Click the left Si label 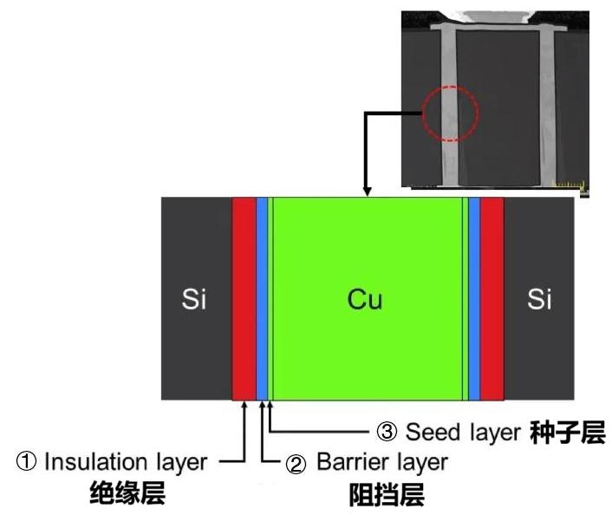[x=194, y=300]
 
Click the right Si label [x=539, y=300]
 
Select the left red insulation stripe [x=244, y=299]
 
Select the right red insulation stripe [x=492, y=299]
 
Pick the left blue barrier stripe [x=261, y=299]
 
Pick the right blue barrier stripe [x=474, y=299]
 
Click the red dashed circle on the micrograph [x=451, y=113]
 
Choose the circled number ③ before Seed [x=387, y=432]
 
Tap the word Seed [x=427, y=432]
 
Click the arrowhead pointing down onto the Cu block [x=368, y=192]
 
